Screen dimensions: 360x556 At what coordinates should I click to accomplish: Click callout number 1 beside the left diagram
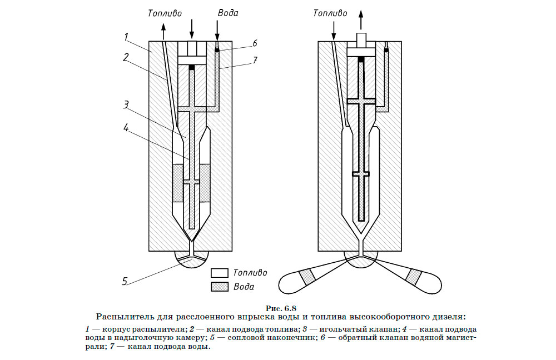pyautogui.click(x=127, y=37)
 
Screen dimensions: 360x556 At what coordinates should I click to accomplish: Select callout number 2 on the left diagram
pyautogui.click(x=127, y=57)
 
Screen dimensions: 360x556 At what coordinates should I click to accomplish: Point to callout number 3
pyautogui.click(x=127, y=104)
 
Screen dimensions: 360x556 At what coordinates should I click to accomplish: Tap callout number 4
pyautogui.click(x=127, y=127)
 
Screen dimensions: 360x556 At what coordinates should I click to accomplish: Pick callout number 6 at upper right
pyautogui.click(x=254, y=43)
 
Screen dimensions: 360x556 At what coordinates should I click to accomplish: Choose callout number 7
pyautogui.click(x=254, y=59)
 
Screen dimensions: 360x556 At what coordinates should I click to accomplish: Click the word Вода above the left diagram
pyautogui.click(x=228, y=12)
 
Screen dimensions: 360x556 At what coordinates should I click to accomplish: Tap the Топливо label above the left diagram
pyautogui.click(x=165, y=12)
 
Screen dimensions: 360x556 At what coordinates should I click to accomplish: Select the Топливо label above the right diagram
pyautogui.click(x=330, y=12)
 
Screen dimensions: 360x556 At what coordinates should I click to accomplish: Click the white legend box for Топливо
pyautogui.click(x=220, y=273)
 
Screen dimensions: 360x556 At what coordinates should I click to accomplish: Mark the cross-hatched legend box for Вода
pyautogui.click(x=220, y=287)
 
